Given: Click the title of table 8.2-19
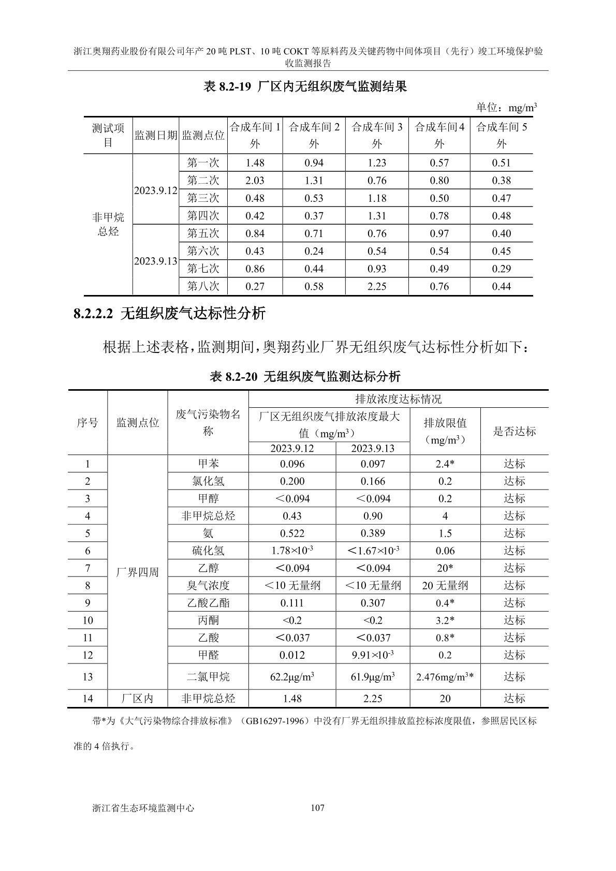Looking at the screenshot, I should point(305,86).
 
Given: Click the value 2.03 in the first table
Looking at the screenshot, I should point(255,181).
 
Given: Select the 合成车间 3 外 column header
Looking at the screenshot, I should point(377,135).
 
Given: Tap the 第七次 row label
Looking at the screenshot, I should point(203,269).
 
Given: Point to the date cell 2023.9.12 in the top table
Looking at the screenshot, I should point(155,190).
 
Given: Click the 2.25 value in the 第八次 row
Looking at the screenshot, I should point(377,286).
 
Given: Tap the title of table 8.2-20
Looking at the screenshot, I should point(305,376).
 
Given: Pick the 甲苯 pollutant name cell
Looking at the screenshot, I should point(208,464).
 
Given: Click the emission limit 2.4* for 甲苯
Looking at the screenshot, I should point(445,464).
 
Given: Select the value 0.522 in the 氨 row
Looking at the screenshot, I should point(292,533).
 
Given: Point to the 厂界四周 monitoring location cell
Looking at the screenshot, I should point(138,572).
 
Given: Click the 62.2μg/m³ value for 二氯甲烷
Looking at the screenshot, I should point(292,676).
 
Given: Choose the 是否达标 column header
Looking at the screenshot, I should point(514,431).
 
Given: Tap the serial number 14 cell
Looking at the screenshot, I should point(87,698).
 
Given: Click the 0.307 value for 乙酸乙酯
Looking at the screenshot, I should point(373,603).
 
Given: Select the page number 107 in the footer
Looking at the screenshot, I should point(317,807).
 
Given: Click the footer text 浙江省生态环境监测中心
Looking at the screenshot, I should point(142,807).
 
